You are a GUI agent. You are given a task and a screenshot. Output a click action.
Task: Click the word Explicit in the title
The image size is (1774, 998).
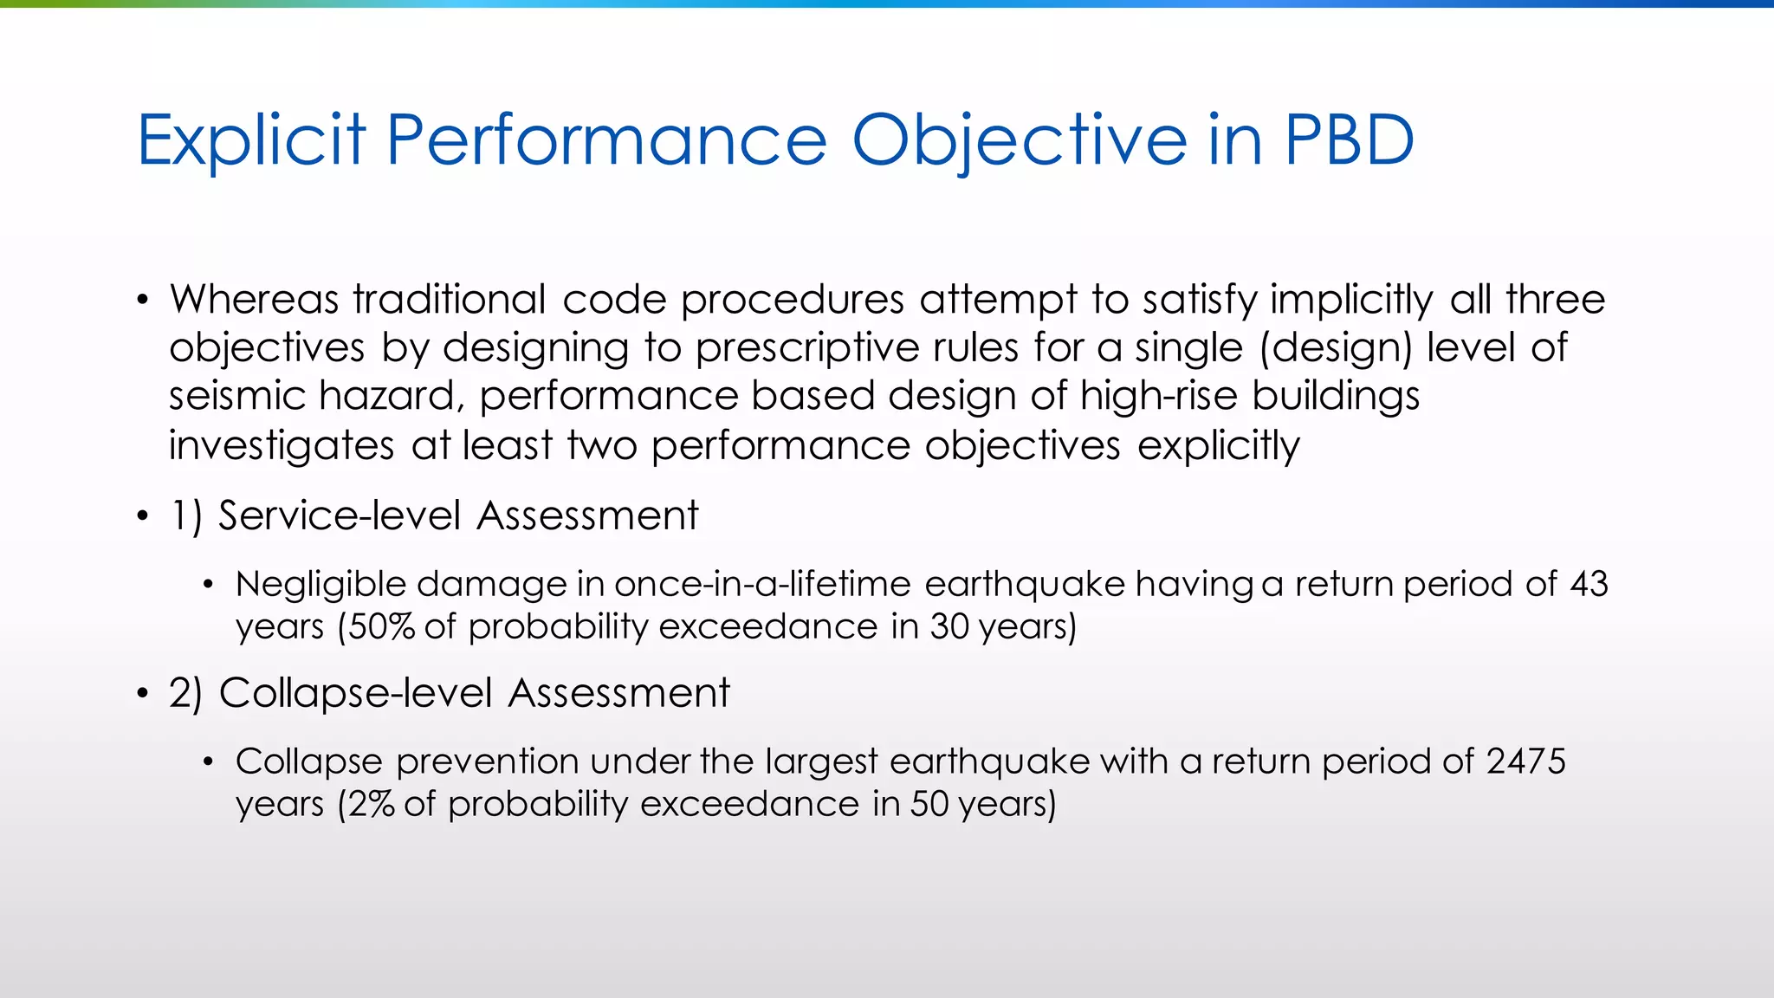pos(251,140)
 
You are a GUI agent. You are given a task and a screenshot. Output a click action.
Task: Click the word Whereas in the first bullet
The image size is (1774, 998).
pos(254,300)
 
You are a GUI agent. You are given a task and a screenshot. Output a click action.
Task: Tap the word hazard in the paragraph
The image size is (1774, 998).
pos(386,397)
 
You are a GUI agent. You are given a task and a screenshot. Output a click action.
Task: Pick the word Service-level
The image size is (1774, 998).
pos(339,515)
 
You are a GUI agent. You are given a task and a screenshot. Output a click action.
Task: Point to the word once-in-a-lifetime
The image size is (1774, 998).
pos(762,584)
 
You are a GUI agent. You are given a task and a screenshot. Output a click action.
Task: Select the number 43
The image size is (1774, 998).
pos(1589,584)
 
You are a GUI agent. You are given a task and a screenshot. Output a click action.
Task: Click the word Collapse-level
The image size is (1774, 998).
pos(356,693)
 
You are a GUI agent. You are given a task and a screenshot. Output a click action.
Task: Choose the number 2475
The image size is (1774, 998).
pos(1526,761)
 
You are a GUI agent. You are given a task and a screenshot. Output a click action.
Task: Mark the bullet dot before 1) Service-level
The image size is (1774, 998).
pos(143,517)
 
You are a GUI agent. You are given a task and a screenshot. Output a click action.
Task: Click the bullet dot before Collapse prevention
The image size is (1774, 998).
pos(208,762)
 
